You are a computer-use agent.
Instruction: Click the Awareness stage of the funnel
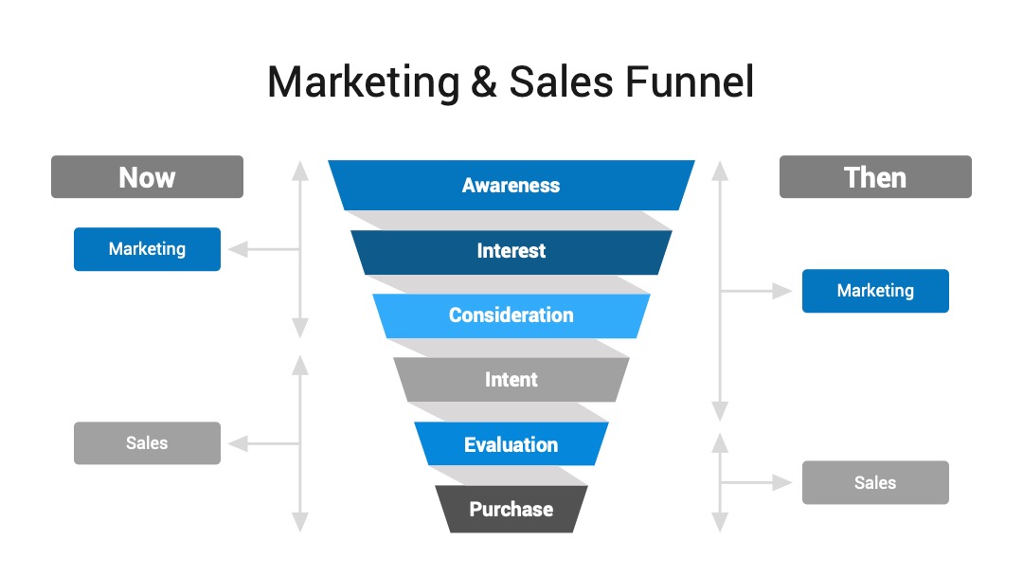[511, 186]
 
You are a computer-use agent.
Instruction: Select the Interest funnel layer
[511, 252]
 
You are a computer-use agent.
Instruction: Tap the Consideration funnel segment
[511, 315]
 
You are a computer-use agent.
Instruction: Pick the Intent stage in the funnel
[511, 380]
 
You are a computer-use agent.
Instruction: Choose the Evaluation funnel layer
[511, 443]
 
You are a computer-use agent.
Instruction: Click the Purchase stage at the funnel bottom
[511, 509]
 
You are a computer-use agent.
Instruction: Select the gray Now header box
[148, 177]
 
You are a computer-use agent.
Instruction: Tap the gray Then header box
[875, 177]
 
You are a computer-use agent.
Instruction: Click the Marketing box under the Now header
[148, 249]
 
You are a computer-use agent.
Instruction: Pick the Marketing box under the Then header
[875, 291]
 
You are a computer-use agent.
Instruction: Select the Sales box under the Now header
[148, 443]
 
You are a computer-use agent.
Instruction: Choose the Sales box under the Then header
[875, 483]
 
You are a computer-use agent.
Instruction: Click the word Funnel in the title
[690, 82]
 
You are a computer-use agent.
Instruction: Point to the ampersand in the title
[483, 82]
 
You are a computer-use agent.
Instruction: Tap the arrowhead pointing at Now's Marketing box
[238, 249]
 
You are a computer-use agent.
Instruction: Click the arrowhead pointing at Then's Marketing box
[782, 291]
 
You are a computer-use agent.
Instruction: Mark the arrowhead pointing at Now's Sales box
[238, 443]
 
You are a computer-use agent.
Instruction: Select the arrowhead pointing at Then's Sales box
[782, 483]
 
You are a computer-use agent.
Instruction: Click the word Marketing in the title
[364, 83]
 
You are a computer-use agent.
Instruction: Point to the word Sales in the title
[561, 82]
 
